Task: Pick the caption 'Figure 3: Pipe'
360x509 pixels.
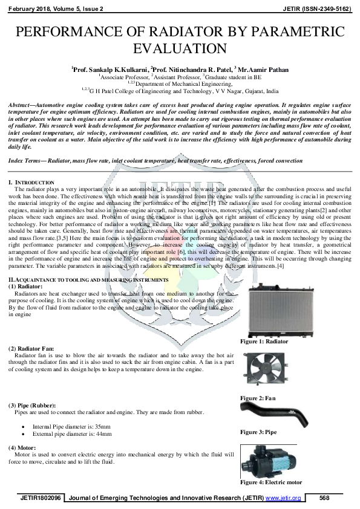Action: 258,432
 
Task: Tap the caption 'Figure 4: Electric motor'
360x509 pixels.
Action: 271,482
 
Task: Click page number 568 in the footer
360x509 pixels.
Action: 324,498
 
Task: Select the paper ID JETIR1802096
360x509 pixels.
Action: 41,498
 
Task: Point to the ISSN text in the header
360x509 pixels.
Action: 318,9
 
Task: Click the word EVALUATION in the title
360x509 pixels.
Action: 180,48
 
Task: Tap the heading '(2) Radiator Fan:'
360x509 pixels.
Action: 31,349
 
